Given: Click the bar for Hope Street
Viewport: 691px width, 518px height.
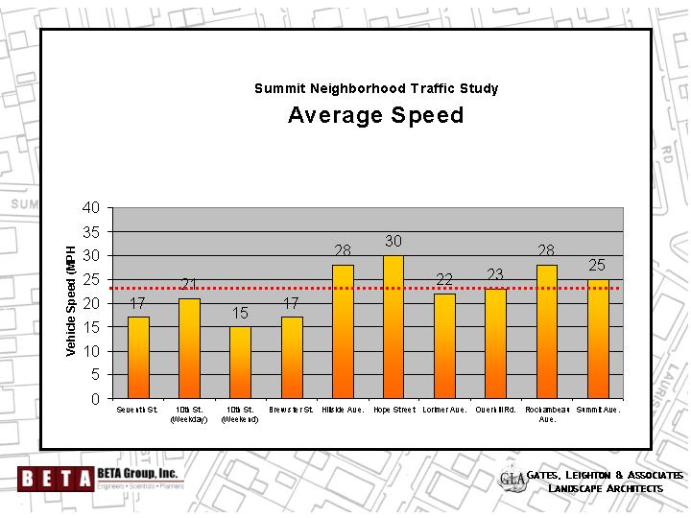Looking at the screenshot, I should point(393,327).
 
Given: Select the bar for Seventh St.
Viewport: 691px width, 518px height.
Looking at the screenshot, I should point(138,358).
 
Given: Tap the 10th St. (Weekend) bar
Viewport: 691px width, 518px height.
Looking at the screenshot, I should point(240,363).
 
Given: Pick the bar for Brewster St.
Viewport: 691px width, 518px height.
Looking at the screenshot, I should point(292,358).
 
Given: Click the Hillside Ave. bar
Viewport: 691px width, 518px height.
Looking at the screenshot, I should point(343,332).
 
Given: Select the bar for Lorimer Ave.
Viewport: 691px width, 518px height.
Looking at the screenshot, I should point(444,346).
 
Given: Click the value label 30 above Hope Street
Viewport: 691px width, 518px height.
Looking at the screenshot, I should point(393,241).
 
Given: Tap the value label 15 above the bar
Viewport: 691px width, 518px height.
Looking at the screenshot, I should point(240,313).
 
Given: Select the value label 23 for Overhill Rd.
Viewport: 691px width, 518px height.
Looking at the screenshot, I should point(495,274).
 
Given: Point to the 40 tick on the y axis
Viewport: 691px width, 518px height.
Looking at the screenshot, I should point(91,207).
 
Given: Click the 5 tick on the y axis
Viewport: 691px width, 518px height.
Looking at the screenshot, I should point(95,375).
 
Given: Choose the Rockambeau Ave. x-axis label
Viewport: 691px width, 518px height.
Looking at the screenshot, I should point(546,414).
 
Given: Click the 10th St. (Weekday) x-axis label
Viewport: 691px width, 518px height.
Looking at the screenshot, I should point(189,414).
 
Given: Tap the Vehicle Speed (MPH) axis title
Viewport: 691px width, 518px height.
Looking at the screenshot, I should point(71,302).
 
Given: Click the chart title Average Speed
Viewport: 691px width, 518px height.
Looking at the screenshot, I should point(375,116).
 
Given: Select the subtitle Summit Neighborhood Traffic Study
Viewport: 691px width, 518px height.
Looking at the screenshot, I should point(376,88).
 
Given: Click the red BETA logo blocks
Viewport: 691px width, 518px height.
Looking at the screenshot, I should point(55,477).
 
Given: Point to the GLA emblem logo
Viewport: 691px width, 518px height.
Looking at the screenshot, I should point(513,479).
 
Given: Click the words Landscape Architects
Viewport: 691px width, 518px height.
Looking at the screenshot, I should point(606,489).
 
